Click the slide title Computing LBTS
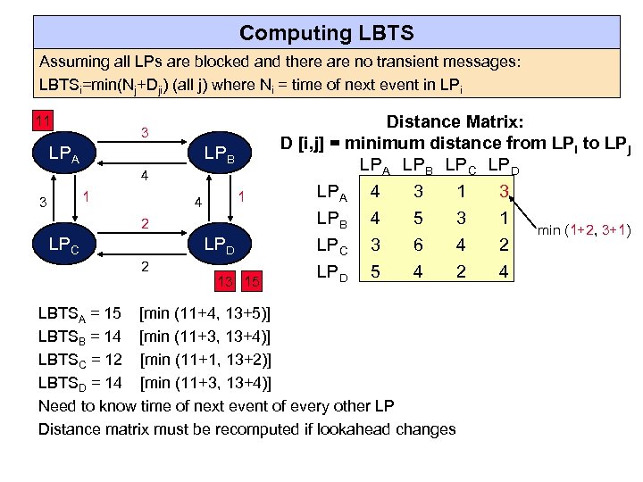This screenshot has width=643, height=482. (326, 33)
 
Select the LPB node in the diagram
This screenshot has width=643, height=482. (219, 157)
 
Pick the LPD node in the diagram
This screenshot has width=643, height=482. (219, 244)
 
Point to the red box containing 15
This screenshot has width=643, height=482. (254, 282)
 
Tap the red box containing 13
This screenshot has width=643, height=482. (228, 282)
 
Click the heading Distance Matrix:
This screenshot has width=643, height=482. (455, 121)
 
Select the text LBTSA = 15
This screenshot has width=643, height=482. (79, 315)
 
